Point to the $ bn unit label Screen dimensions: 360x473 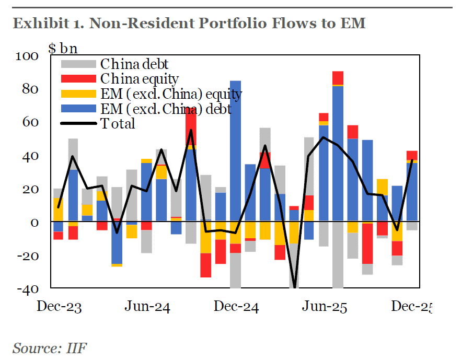click(x=63, y=49)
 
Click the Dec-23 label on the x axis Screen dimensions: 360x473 click(x=59, y=307)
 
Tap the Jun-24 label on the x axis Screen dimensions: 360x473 click(x=147, y=307)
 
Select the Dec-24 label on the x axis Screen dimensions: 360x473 click(x=236, y=307)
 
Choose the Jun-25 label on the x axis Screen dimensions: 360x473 click(x=325, y=307)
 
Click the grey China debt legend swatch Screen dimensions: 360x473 click(x=78, y=64)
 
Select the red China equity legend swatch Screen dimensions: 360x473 click(x=78, y=79)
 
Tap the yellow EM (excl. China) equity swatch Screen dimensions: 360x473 click(x=78, y=94)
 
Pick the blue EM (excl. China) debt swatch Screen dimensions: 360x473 click(x=78, y=109)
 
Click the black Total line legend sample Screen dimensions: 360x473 click(x=78, y=124)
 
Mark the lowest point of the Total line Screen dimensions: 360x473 click(x=295, y=286)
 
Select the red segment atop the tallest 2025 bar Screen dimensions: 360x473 click(x=338, y=77)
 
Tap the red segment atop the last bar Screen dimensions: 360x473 click(x=412, y=155)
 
